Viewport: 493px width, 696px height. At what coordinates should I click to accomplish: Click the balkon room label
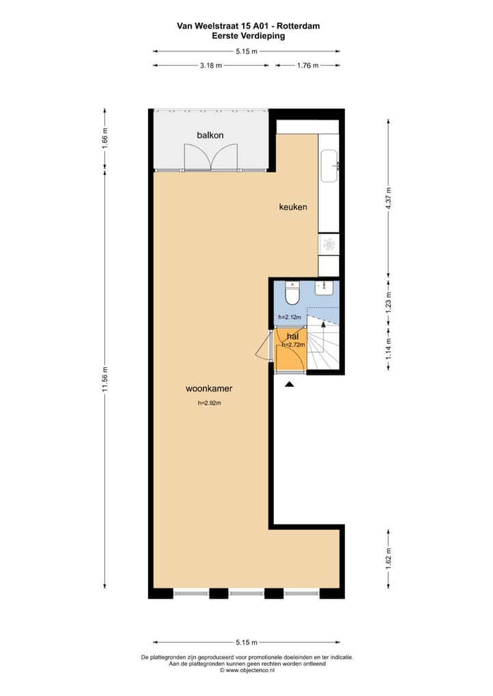click(210, 135)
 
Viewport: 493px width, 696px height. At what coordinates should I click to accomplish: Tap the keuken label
click(292, 206)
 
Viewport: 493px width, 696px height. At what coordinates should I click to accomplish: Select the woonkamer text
click(209, 388)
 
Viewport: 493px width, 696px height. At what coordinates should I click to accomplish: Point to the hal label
click(292, 336)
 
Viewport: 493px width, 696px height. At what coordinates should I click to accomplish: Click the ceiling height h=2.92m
click(209, 403)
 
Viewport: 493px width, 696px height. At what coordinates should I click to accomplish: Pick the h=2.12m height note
click(290, 317)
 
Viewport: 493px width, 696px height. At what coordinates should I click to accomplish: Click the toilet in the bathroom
click(292, 293)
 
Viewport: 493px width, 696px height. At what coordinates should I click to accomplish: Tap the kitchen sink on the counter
click(329, 166)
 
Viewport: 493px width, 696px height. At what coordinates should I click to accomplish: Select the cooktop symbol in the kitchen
click(329, 244)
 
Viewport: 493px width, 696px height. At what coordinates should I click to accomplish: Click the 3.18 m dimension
click(210, 66)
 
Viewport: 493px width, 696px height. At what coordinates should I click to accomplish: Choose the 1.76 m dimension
click(307, 66)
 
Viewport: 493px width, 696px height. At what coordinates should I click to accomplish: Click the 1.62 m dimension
click(388, 558)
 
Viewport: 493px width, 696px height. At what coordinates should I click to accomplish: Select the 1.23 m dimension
click(388, 302)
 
